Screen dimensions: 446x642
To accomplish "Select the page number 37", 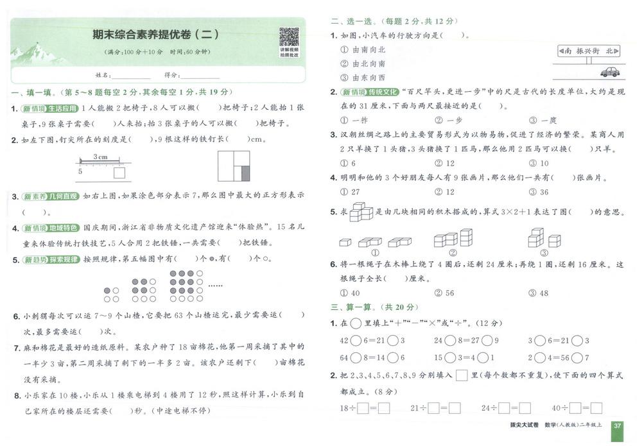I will [617, 425].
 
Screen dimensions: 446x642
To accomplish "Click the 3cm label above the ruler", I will [100, 156].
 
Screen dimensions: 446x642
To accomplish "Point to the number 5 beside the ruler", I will [80, 171].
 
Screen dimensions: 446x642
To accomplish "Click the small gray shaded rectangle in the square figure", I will [244, 173].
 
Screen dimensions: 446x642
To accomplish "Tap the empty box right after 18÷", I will [363, 407].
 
